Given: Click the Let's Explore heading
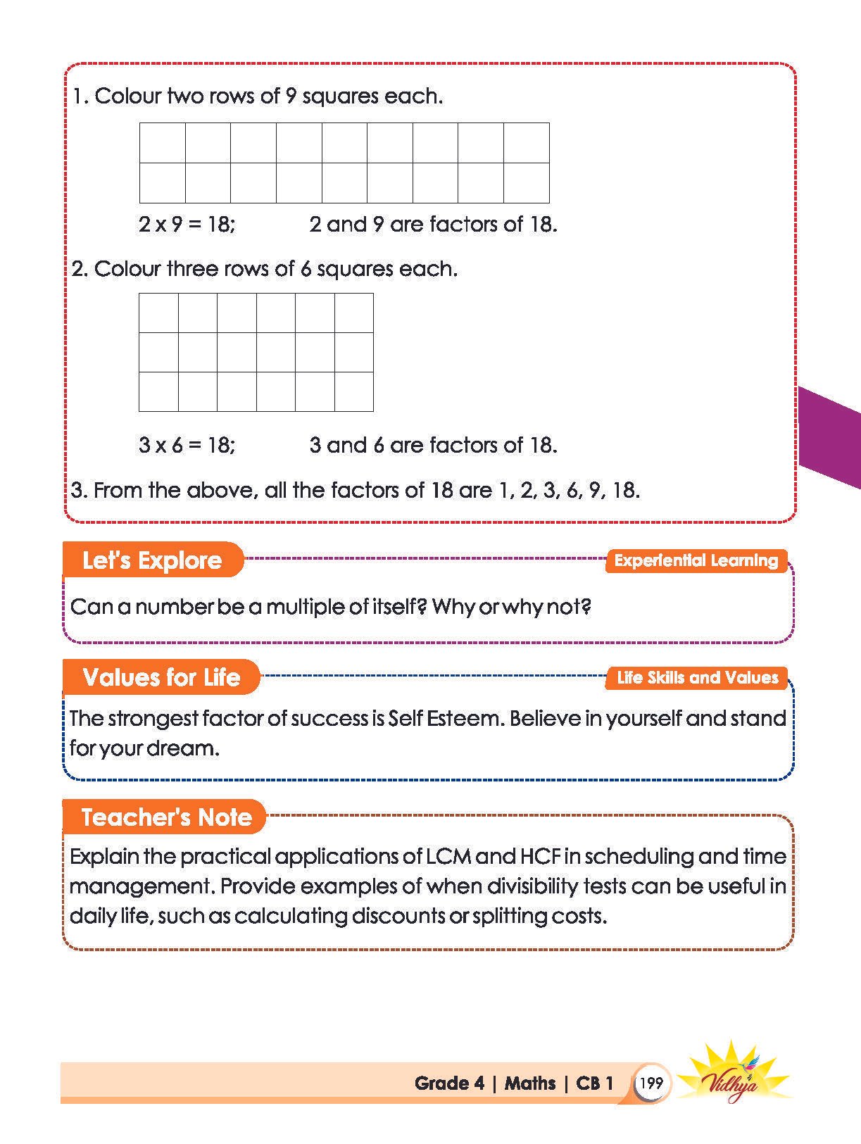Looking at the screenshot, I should (152, 560).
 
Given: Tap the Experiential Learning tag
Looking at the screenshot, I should (696, 560).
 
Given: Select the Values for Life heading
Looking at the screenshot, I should (161, 677).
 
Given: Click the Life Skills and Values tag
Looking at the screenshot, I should (697, 677).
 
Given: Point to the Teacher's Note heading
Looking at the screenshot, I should (166, 817).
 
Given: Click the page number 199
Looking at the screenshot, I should (652, 1083).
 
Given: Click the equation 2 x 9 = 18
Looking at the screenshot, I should (187, 225).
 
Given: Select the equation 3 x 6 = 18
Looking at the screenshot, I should (187, 445).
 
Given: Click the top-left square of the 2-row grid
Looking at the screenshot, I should (163, 143).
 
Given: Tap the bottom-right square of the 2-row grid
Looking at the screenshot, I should (527, 183).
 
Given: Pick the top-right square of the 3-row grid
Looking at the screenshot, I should (354, 313).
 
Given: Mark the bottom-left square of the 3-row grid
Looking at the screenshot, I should (158, 391).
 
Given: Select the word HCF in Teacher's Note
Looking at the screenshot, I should (540, 857).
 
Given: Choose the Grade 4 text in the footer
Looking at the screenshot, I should (449, 1083).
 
